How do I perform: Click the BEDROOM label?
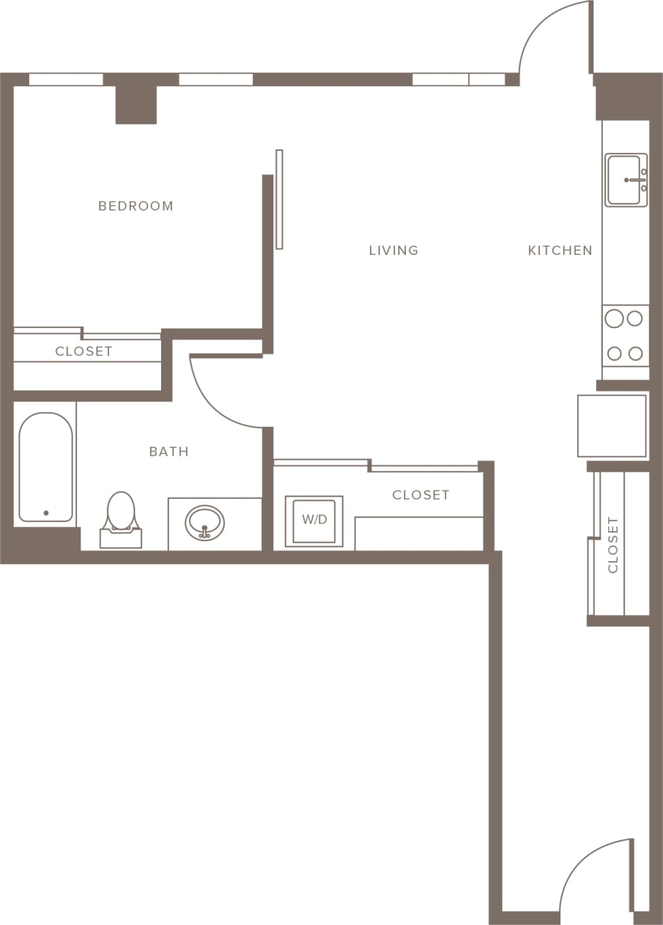(136, 206)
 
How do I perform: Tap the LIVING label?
(393, 250)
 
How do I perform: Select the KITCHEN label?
(560, 250)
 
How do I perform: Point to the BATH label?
(168, 452)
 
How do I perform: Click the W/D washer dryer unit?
(314, 521)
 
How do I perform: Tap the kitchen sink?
(626, 180)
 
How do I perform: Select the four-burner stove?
(625, 336)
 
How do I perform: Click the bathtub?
(45, 467)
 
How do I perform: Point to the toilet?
(121, 517)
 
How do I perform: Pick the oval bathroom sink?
(204, 523)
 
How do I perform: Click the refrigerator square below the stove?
(612, 426)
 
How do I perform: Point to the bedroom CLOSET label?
(84, 352)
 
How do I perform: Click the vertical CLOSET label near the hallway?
(613, 545)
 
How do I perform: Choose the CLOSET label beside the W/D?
(421, 495)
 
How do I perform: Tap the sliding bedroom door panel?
(279, 199)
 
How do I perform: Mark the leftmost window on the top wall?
(66, 79)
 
